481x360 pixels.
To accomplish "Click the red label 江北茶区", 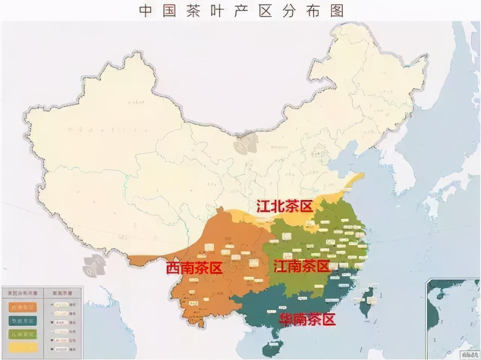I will pyautogui.click(x=284, y=206).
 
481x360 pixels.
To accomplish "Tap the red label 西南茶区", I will pyautogui.click(x=194, y=268).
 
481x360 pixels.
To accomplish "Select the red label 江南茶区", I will pyautogui.click(x=301, y=266).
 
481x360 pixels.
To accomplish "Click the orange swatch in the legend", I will pyautogui.click(x=23, y=307).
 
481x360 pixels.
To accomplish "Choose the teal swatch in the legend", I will pyautogui.click(x=23, y=321).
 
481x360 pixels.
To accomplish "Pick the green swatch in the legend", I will pyautogui.click(x=23, y=334).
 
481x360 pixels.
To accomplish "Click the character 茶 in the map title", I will pyautogui.click(x=193, y=11).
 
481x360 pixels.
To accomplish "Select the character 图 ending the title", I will pyautogui.click(x=337, y=11).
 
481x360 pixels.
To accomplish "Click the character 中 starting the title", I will pyautogui.click(x=145, y=11).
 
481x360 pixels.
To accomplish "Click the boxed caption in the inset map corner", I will pyautogui.click(x=469, y=354).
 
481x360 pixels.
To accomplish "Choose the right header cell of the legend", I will pyautogui.click(x=62, y=293).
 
